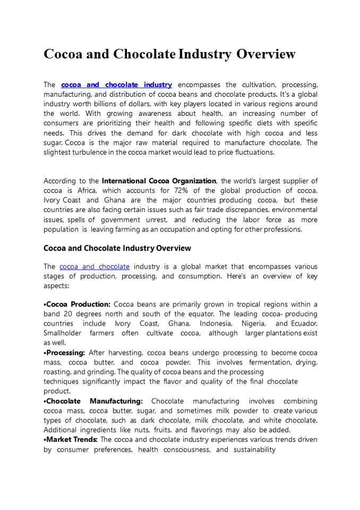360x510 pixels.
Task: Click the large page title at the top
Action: [x=169, y=54]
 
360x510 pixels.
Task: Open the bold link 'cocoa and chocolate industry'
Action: [x=117, y=84]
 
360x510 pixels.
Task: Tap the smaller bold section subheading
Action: [x=117, y=248]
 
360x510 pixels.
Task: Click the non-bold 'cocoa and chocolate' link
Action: [x=95, y=266]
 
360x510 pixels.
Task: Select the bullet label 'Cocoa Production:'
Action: [x=78, y=304]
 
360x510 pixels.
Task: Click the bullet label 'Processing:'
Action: [x=65, y=353]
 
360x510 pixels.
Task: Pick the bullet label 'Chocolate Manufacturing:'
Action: [x=95, y=401]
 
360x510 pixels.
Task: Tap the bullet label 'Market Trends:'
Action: [x=72, y=439]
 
